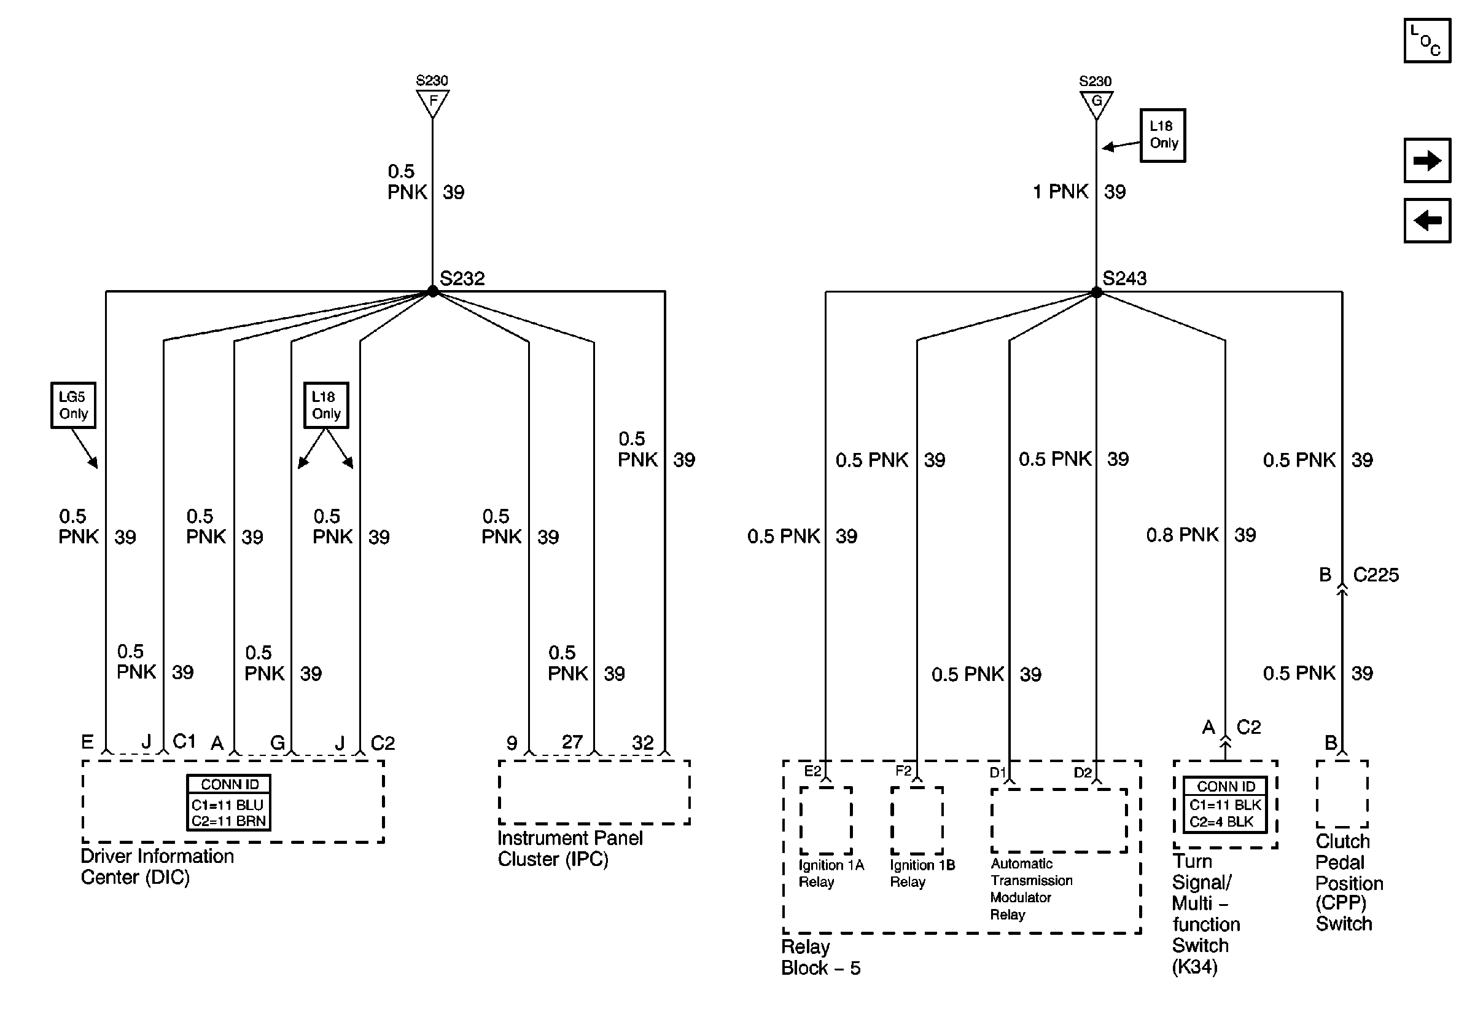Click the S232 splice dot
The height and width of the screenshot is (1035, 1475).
click(x=432, y=292)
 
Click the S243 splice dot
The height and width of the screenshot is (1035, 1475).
click(x=1096, y=293)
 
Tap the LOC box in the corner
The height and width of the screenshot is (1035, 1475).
click(x=1427, y=41)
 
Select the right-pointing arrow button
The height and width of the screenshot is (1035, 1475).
click(x=1427, y=160)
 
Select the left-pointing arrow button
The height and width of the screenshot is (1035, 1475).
click(x=1427, y=221)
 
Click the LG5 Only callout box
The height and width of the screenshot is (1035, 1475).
click(x=73, y=405)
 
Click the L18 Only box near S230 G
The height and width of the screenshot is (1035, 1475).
click(x=1162, y=135)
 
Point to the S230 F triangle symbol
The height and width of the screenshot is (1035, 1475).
click(x=432, y=101)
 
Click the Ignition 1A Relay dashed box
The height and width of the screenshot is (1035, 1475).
click(x=825, y=821)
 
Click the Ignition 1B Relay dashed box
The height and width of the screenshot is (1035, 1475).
click(x=917, y=821)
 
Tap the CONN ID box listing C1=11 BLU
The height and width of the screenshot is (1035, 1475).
click(x=228, y=802)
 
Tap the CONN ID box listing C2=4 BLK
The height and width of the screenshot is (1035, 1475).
click(x=1225, y=804)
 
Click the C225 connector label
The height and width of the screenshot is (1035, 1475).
click(x=1376, y=575)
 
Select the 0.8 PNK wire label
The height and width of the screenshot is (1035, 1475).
click(x=1182, y=535)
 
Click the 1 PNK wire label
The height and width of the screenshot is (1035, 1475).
click(x=1061, y=192)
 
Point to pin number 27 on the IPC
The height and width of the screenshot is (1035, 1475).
click(x=572, y=742)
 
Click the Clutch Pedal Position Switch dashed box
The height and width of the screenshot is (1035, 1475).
click(x=1342, y=793)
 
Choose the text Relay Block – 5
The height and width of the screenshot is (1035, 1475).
click(x=820, y=957)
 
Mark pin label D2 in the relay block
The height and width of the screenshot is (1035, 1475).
click(x=1083, y=772)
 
